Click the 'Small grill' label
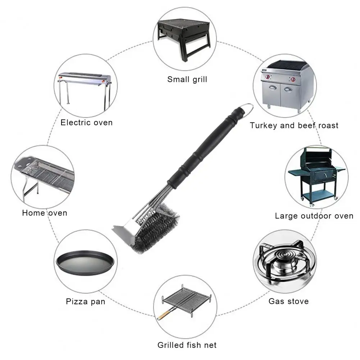[187, 79]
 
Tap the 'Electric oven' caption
[86, 123]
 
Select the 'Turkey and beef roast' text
[294, 126]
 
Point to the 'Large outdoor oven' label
[314, 216]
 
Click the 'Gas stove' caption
[288, 301]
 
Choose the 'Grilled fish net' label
[187, 345]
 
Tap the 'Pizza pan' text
[86, 301]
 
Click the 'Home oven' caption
[45, 213]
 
